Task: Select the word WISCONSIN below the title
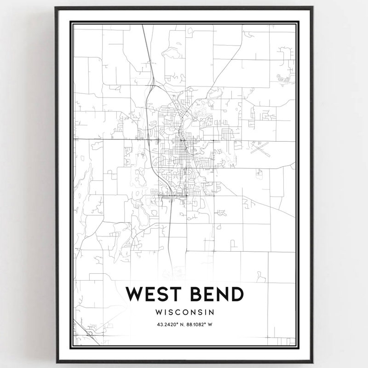[184, 312]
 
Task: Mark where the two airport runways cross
[260, 148]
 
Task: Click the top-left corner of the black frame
[56, 7]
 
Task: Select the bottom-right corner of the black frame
[313, 362]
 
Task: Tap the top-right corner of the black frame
[313, 7]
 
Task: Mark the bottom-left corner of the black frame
[56, 362]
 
